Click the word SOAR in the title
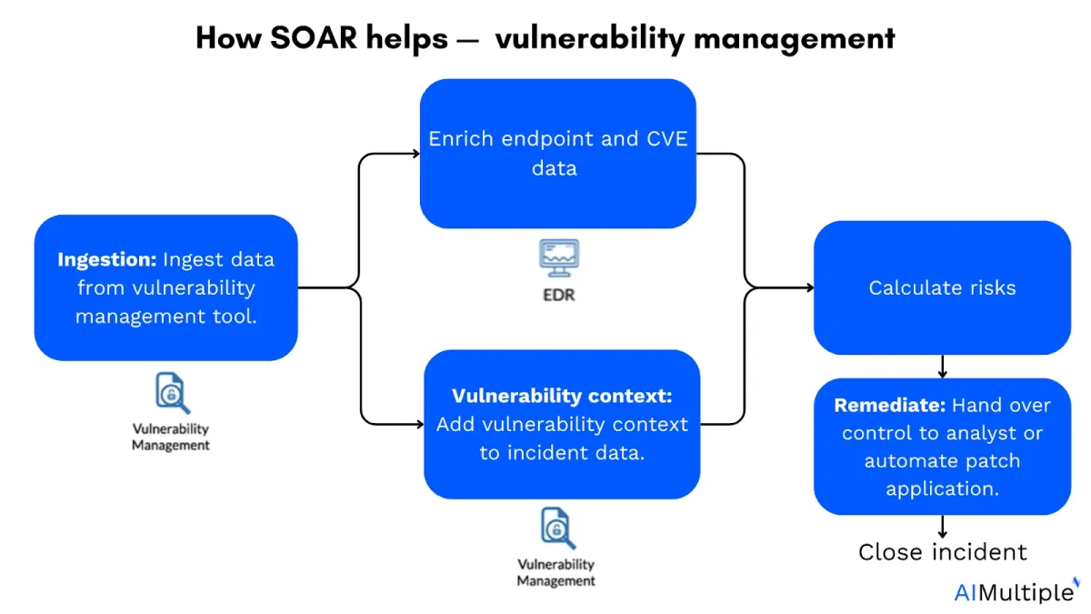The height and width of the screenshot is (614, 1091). (x=314, y=37)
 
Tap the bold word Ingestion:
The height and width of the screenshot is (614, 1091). (x=107, y=259)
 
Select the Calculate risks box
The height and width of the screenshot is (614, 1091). (x=942, y=287)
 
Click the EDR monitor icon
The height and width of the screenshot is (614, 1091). (x=559, y=257)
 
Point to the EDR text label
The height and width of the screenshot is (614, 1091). (x=559, y=295)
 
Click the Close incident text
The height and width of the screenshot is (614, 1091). (x=943, y=552)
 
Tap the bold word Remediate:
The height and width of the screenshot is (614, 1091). (x=890, y=405)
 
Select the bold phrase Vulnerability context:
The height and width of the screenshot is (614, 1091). (x=562, y=396)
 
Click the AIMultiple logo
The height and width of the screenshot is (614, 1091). (x=1015, y=591)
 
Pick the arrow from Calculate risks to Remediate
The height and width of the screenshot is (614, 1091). (x=943, y=367)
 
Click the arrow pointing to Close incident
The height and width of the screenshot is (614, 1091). (x=943, y=527)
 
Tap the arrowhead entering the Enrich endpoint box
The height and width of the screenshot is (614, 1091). (x=415, y=154)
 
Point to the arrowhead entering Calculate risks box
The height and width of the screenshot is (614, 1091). (x=809, y=287)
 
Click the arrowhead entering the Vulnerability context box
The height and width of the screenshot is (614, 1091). (x=419, y=425)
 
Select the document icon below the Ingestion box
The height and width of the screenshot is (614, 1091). (x=172, y=393)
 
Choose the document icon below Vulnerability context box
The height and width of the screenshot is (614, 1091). (x=557, y=528)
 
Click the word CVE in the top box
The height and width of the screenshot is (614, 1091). (x=666, y=139)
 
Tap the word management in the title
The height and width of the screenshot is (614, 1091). (x=795, y=37)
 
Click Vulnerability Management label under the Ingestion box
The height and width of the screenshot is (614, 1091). (x=171, y=437)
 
